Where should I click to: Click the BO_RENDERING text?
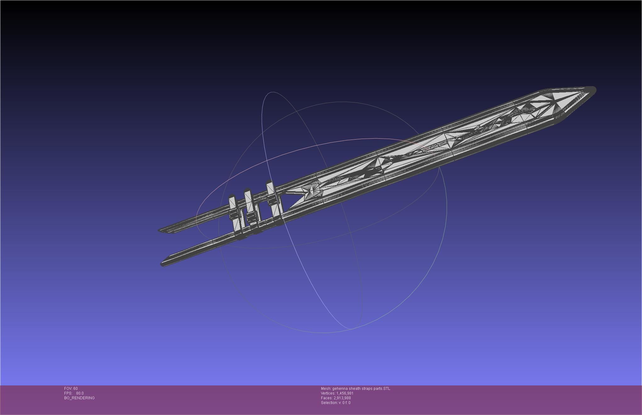coord(79,398)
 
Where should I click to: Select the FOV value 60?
coord(76,389)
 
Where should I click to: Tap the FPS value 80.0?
coord(80,393)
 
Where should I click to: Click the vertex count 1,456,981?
coord(345,393)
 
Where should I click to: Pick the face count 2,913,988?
coord(342,398)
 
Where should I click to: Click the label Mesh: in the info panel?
coord(326,389)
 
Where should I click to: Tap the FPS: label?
coord(68,393)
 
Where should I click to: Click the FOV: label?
coord(68,389)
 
